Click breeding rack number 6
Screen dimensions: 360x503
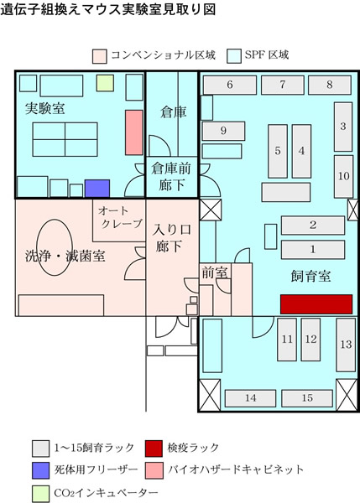pyautogui.click(x=230, y=85)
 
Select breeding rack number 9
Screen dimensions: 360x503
pyautogui.click(x=223, y=131)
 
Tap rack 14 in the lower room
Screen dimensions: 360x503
pyautogui.click(x=250, y=398)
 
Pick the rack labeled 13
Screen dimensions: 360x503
pyautogui.click(x=346, y=345)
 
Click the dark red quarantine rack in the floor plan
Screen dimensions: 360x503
pyautogui.click(x=316, y=304)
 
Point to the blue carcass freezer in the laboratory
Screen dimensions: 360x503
pyautogui.click(x=97, y=189)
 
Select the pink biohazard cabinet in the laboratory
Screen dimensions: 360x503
pyautogui.click(x=134, y=132)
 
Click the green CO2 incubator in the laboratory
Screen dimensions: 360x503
pyautogui.click(x=106, y=83)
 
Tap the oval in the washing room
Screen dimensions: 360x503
pyautogui.click(x=55, y=247)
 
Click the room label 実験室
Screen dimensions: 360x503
pyautogui.click(x=45, y=109)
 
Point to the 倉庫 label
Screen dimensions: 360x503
pyautogui.click(x=174, y=112)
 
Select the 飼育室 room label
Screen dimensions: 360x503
pyautogui.click(x=310, y=276)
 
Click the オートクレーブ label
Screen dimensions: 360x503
pyautogui.click(x=120, y=217)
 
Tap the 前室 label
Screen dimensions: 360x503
pyautogui.click(x=215, y=272)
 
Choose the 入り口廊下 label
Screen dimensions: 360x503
pyautogui.click(x=171, y=238)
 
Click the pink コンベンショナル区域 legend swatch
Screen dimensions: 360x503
pyautogui.click(x=100, y=56)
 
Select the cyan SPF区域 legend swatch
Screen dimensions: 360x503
pyautogui.click(x=234, y=56)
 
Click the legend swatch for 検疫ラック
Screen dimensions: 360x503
pyautogui.click(x=154, y=449)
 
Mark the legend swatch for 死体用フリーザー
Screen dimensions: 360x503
pyautogui.click(x=40, y=470)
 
